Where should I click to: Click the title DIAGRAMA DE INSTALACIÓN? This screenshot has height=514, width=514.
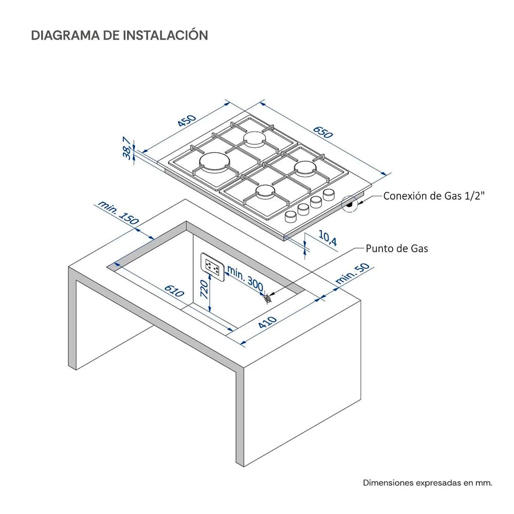(x=119, y=35)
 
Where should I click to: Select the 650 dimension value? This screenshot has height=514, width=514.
(x=322, y=132)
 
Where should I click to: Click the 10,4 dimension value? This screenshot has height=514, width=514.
(x=327, y=238)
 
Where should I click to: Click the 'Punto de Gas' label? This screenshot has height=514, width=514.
(x=397, y=249)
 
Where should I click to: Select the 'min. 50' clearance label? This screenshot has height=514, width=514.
(x=353, y=275)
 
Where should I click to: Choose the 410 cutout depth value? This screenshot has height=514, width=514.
(x=267, y=324)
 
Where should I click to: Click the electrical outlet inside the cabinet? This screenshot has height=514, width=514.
(x=212, y=266)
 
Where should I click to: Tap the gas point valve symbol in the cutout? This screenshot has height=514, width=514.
(x=267, y=298)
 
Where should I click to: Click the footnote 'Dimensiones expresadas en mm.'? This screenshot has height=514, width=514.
(x=428, y=483)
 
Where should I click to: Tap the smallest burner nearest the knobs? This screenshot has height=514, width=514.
(x=266, y=193)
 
